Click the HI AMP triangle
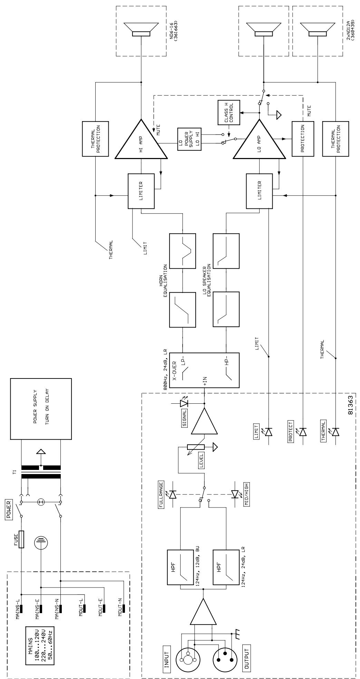(141, 139)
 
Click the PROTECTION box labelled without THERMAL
(303, 139)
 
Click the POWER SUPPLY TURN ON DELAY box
(41, 409)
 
